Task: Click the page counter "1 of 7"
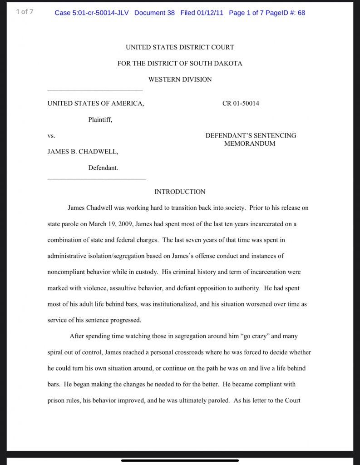[25, 12]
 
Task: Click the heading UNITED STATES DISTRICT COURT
[180, 47]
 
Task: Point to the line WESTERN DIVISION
[180, 79]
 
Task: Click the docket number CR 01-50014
[241, 104]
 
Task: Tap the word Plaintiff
[100, 120]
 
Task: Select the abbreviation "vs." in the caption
[51, 136]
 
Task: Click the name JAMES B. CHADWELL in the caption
[83, 152]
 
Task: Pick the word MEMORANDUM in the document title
[250, 144]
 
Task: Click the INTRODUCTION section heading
[180, 192]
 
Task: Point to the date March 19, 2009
[111, 224]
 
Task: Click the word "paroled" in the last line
[218, 401]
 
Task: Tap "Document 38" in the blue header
[154, 13]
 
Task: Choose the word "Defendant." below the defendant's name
[103, 168]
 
